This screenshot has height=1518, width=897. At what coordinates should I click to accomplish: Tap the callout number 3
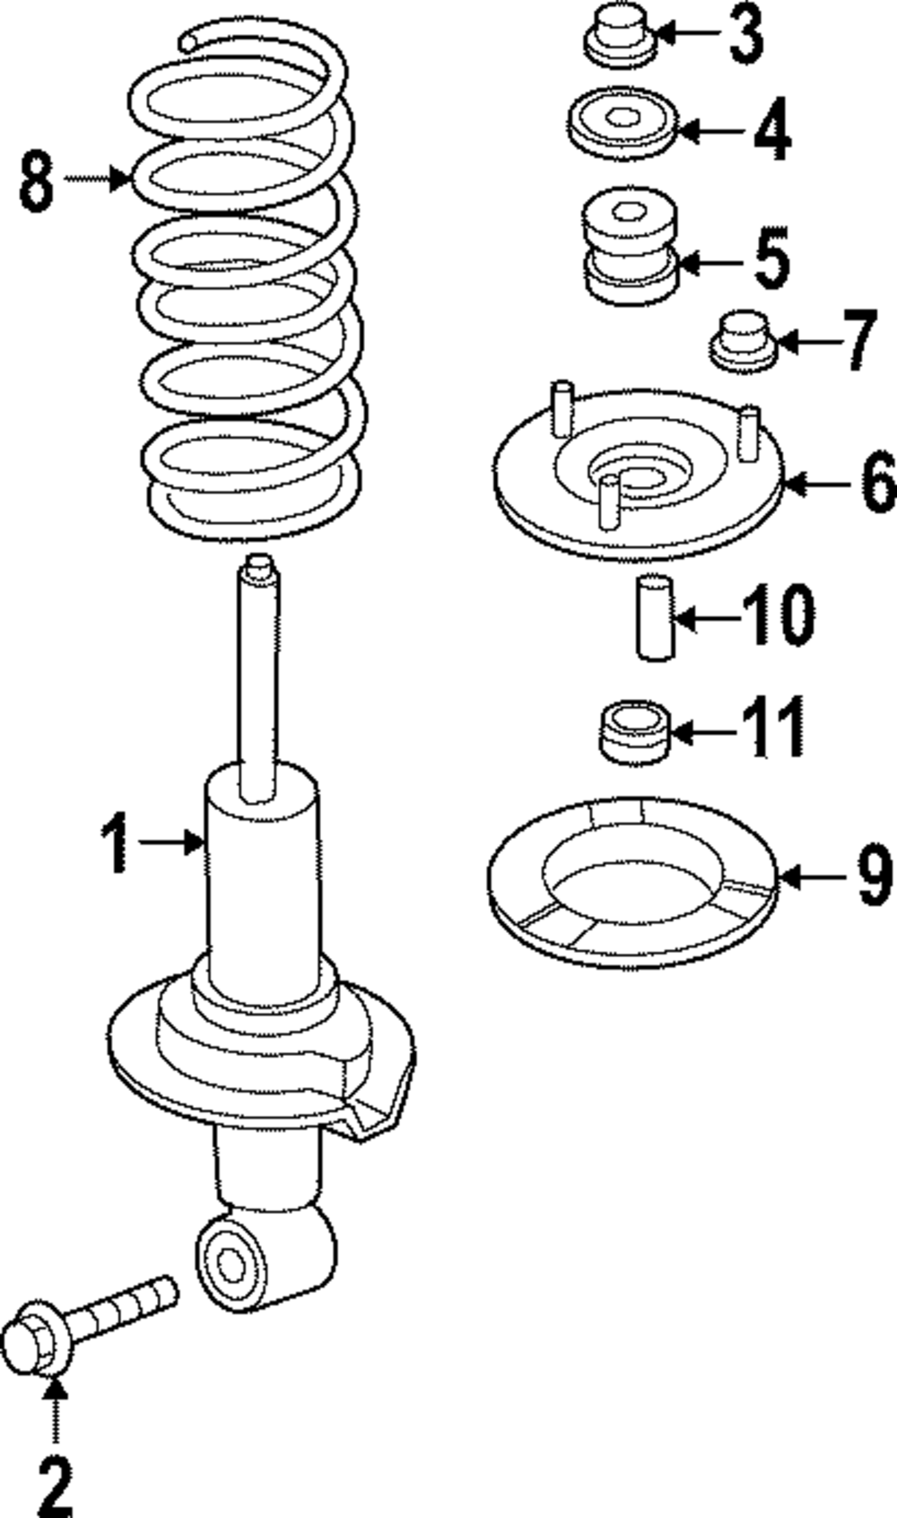click(x=745, y=34)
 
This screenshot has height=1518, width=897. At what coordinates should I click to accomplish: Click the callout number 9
click(x=875, y=875)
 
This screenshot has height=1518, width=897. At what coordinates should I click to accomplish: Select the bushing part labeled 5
click(x=629, y=242)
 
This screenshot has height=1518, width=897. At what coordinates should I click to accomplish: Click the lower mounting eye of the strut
click(x=231, y=1266)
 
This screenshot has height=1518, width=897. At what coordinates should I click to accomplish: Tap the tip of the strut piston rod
click(x=258, y=565)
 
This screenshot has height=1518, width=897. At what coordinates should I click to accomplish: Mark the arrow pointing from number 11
click(x=704, y=732)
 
